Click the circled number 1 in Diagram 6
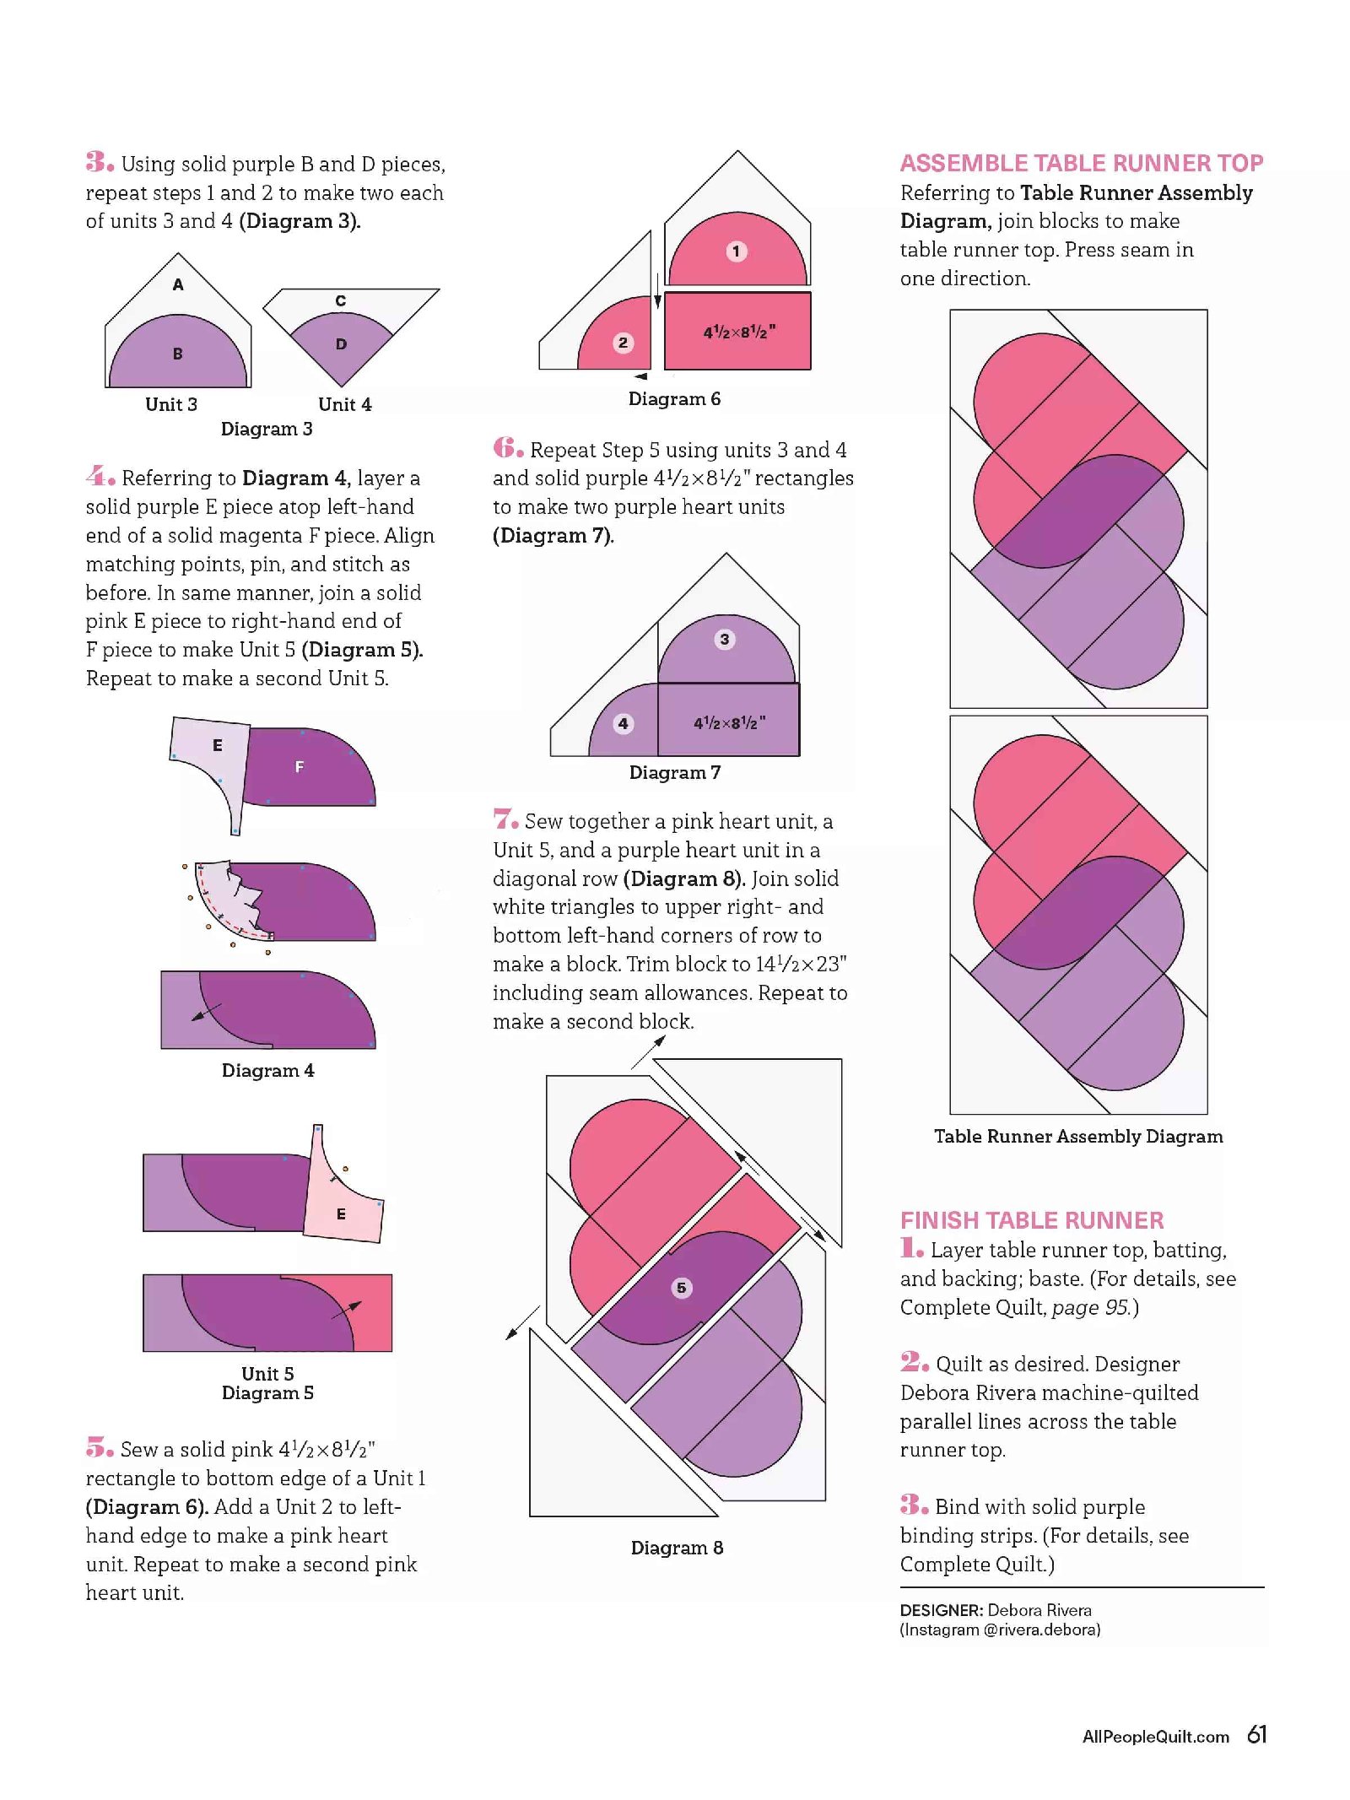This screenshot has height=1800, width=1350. point(736,251)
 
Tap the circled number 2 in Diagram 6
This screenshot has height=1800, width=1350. point(623,342)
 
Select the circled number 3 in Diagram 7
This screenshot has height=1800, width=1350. point(724,639)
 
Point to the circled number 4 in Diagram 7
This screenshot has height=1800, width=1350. point(623,723)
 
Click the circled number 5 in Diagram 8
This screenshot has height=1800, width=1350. point(681,1288)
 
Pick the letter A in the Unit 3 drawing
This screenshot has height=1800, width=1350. point(178,284)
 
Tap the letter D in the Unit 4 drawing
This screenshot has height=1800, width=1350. point(341,343)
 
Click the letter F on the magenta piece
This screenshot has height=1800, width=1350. point(300,767)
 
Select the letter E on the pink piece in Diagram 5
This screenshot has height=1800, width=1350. point(341,1214)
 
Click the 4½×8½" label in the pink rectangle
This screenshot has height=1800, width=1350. point(739,332)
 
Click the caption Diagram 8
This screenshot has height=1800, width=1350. point(677,1547)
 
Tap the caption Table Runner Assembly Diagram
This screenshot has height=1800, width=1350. point(1078,1136)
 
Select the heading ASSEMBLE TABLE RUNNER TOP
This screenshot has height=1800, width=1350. point(1082,163)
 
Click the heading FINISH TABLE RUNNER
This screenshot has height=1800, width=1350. point(1032,1220)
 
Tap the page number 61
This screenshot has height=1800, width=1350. point(1257,1734)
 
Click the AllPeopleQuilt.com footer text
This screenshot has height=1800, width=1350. point(1155,1737)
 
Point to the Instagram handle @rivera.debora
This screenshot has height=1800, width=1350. point(1041,1630)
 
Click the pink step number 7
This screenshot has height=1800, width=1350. point(505,819)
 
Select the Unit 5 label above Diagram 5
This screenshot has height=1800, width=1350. point(267,1373)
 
